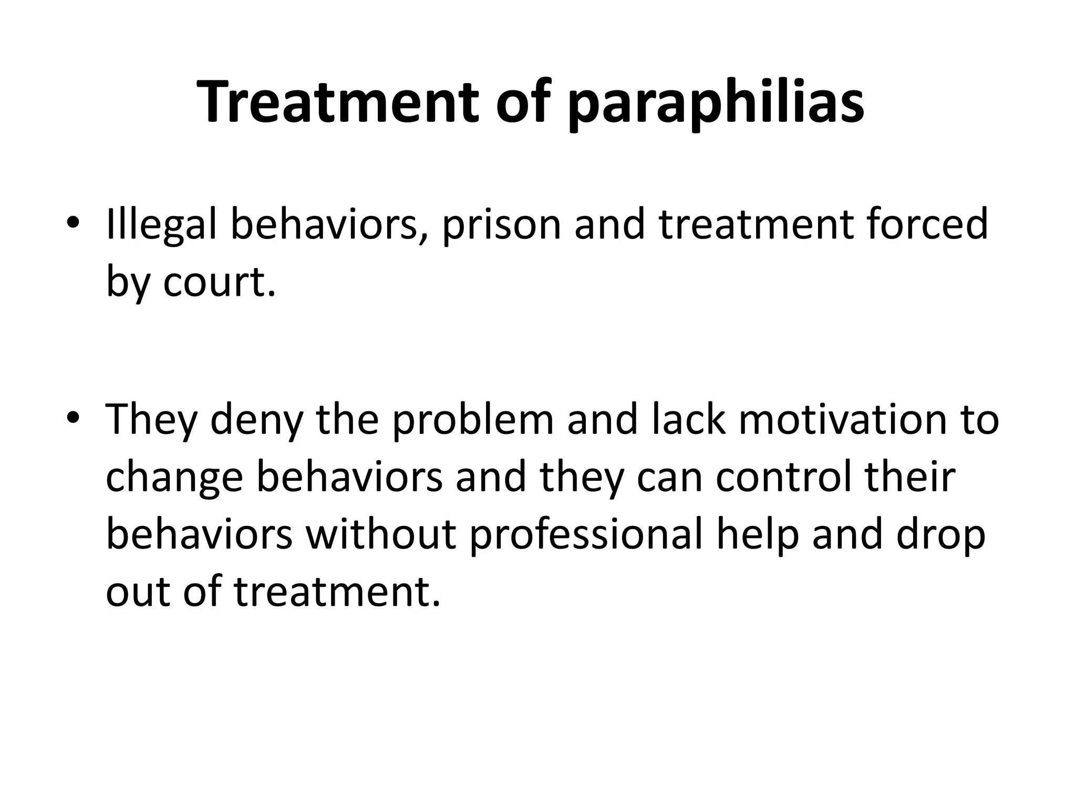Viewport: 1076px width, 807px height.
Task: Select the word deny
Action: [x=256, y=420]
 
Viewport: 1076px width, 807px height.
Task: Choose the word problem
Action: [x=473, y=420]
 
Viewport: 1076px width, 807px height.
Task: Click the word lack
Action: [x=688, y=420]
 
